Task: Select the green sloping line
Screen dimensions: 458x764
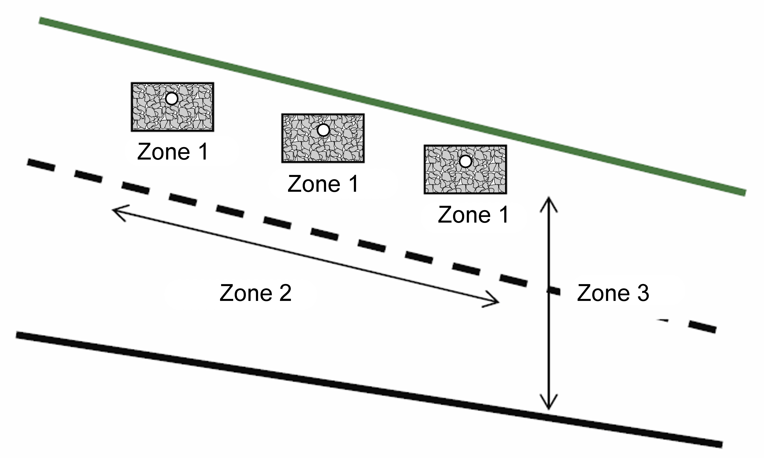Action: click(392, 106)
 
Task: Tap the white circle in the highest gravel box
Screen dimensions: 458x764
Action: click(172, 99)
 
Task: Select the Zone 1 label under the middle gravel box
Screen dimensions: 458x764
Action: click(323, 184)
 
